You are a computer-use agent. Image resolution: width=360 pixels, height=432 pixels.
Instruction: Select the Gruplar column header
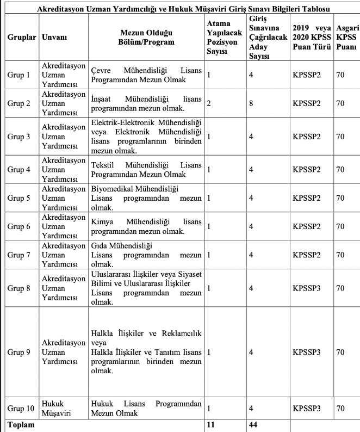point(22,39)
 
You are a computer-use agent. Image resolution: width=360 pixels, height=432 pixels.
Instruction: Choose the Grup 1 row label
point(19,75)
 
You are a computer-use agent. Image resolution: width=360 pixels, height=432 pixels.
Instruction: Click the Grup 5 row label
point(19,198)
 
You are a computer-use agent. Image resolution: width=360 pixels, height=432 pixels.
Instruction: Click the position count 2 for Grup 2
point(209,102)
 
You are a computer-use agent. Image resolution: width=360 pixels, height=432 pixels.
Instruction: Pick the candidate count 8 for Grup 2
point(251,102)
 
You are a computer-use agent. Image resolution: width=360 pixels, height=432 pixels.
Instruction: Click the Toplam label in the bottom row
point(20,425)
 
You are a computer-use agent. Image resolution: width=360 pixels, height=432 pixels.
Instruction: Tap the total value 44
point(253,425)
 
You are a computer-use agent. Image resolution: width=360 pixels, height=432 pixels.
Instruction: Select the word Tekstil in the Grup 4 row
point(103,165)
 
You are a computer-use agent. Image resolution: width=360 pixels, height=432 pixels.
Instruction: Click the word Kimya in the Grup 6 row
point(102,222)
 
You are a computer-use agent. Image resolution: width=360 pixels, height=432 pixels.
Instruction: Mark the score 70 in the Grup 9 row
point(340,352)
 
